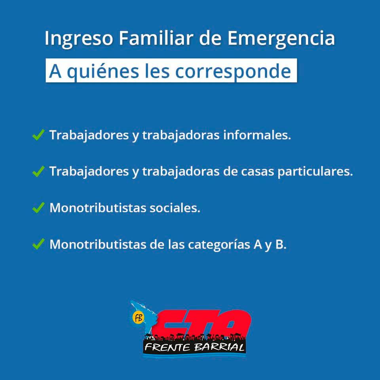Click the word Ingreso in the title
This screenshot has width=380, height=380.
click(x=79, y=39)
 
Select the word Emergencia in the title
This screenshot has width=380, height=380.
click(x=281, y=39)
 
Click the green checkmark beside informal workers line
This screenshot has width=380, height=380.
click(x=38, y=135)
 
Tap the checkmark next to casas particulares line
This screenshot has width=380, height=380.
click(x=38, y=171)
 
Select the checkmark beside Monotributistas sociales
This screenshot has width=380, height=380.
click(x=38, y=207)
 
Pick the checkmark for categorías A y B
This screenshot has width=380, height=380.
click(x=38, y=244)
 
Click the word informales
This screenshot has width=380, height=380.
click(x=257, y=135)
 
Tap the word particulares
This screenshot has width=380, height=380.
click(x=315, y=171)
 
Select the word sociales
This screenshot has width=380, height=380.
click(x=175, y=208)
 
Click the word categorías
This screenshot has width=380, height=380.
click(x=219, y=245)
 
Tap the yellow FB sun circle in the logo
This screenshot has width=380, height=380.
click(x=139, y=318)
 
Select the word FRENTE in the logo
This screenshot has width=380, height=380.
click(x=167, y=348)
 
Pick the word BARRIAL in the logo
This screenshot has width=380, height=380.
click(x=219, y=348)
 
